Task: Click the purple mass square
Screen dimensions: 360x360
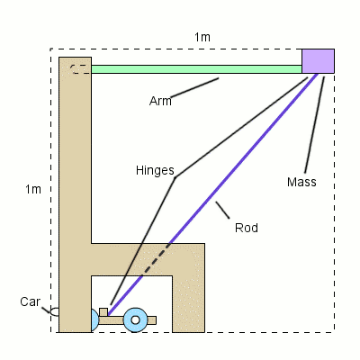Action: (x=318, y=60)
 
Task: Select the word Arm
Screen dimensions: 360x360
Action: (x=160, y=101)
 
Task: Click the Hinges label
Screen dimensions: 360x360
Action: (x=155, y=170)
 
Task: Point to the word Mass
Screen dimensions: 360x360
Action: (x=301, y=182)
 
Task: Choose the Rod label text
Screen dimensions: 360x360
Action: (x=246, y=228)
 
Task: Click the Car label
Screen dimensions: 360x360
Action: (x=30, y=301)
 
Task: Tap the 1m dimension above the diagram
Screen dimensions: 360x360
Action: (x=202, y=37)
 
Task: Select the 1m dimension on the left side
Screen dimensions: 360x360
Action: (x=33, y=189)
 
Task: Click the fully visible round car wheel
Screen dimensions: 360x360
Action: (x=136, y=319)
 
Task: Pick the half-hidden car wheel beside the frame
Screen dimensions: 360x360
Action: (x=94, y=319)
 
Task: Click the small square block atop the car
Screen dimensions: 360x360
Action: (x=103, y=312)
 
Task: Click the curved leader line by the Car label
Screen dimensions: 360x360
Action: (x=53, y=312)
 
